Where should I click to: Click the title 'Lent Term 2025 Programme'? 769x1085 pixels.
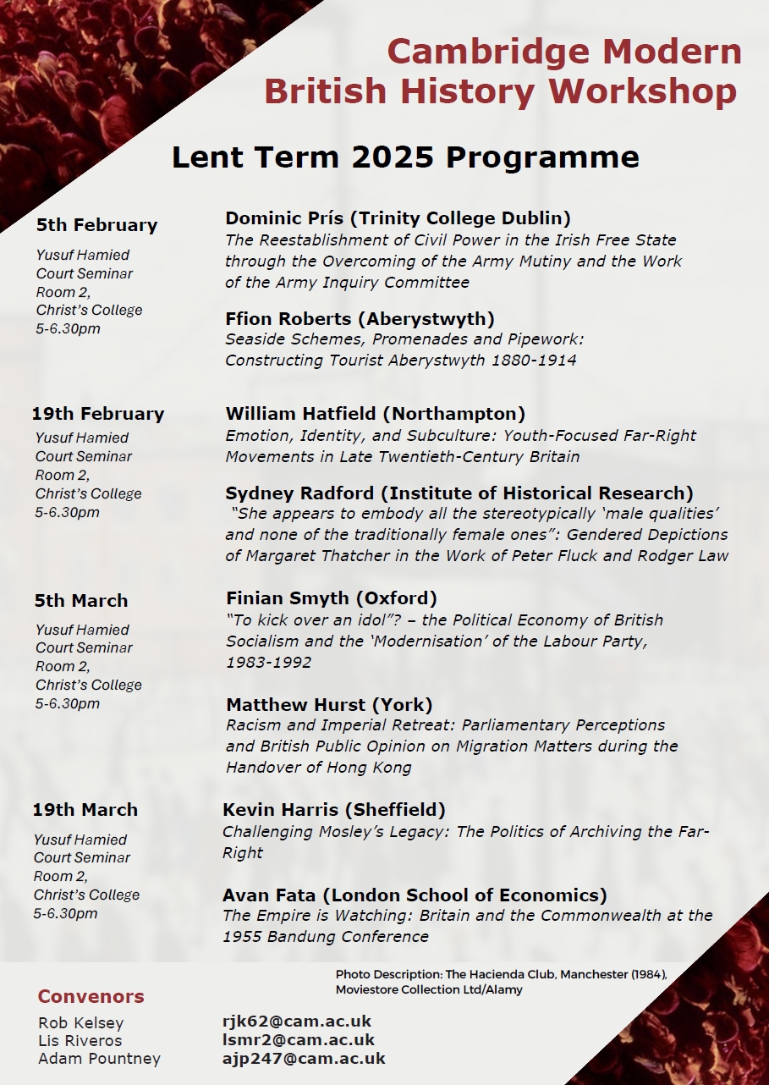click(405, 157)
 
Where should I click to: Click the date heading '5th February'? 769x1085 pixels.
click(96, 225)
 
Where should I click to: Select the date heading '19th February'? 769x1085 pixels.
click(98, 414)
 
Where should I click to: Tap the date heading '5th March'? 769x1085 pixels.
click(81, 601)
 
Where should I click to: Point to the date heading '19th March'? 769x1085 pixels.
click(85, 810)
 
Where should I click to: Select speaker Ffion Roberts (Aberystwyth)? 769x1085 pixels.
click(360, 319)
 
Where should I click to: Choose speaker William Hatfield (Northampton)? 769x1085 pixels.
click(375, 414)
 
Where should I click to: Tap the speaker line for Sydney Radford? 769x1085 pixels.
click(459, 493)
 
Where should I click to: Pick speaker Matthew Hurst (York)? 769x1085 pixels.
click(329, 705)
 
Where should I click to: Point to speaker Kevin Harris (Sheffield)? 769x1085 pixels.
click(333, 810)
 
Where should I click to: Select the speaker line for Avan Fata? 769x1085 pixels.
click(415, 895)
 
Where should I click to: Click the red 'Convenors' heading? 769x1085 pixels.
click(91, 996)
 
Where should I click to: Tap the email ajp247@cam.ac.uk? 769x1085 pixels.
click(304, 1058)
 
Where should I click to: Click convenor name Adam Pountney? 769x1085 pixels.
click(99, 1059)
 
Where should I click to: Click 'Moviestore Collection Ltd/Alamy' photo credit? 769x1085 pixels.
click(429, 989)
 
